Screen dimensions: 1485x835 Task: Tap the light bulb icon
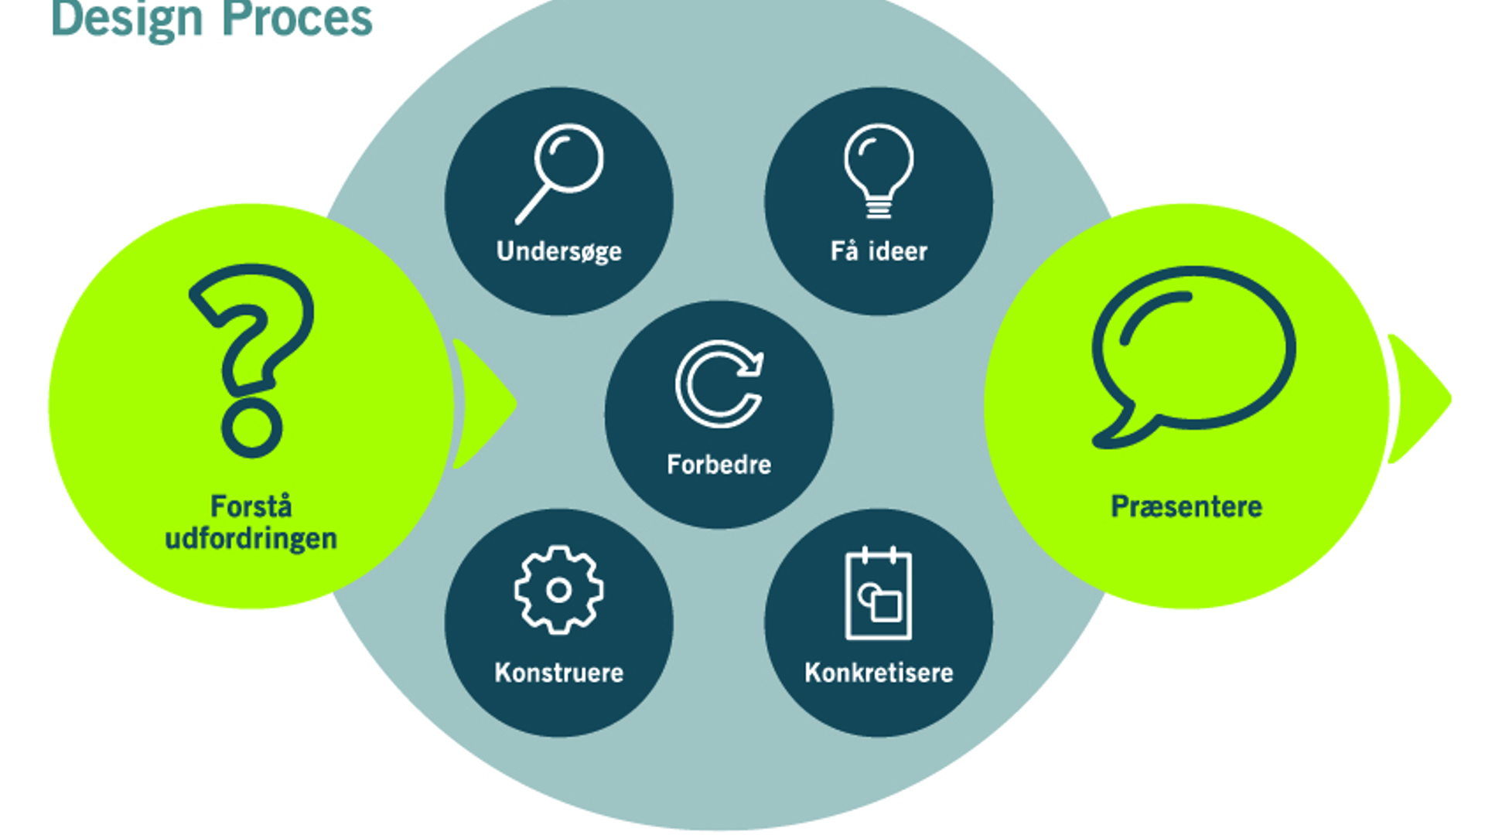[879, 171]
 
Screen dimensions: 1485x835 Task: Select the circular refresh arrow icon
[719, 384]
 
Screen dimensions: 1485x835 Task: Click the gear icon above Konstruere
[558, 591]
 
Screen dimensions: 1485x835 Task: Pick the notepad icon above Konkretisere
[879, 592]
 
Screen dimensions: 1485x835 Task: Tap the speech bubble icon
[1193, 356]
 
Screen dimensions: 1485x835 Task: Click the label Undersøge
[559, 251]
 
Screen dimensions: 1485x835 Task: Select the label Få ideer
[879, 250]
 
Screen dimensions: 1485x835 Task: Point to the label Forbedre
[719, 464]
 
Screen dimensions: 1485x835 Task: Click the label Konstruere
[559, 672]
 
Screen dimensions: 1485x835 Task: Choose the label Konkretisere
[879, 672]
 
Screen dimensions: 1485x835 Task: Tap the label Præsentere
[1186, 506]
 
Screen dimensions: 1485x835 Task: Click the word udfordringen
[251, 538]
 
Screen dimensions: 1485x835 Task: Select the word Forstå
[251, 506]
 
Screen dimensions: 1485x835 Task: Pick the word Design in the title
[127, 19]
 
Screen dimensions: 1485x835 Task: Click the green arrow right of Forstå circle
[485, 404]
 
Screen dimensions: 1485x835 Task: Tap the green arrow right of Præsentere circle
[1420, 399]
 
